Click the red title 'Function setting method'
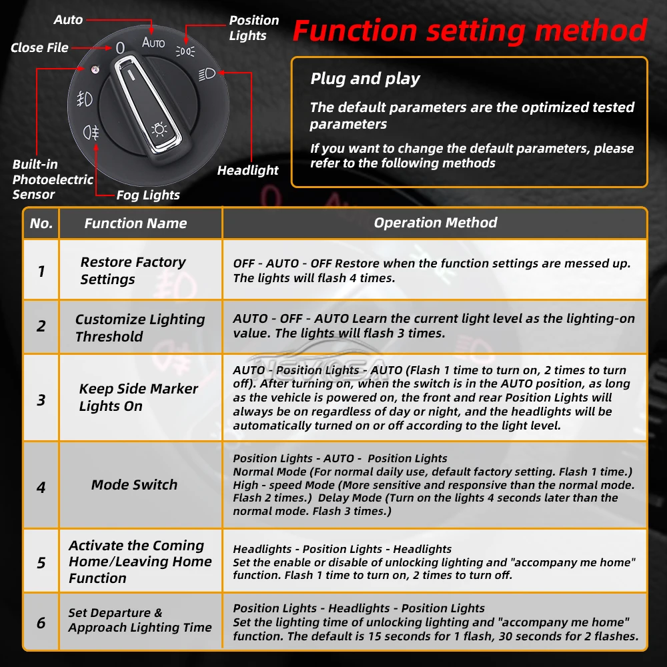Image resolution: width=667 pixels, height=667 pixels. (x=470, y=31)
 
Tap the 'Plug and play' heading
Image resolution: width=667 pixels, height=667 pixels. (x=365, y=79)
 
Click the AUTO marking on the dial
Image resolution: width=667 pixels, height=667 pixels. (x=153, y=43)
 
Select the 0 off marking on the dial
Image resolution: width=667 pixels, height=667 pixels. (x=120, y=47)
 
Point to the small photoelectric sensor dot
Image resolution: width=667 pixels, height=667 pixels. (x=95, y=69)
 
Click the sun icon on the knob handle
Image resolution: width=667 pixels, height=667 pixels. (x=159, y=129)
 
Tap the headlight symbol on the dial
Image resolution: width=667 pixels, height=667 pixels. (x=207, y=75)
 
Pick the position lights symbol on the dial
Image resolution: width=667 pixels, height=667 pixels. (x=185, y=51)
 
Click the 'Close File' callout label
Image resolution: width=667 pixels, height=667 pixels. (x=39, y=47)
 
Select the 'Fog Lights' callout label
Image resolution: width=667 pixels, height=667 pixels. (x=148, y=195)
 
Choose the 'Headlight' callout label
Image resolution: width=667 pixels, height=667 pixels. (x=247, y=171)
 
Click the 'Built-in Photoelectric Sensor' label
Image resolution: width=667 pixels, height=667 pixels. (x=52, y=179)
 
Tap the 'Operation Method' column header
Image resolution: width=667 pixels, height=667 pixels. (x=435, y=223)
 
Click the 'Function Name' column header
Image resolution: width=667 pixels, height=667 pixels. (x=135, y=223)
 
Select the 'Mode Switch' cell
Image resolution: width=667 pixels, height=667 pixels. (x=134, y=484)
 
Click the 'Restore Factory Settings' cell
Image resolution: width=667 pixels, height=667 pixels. (x=133, y=271)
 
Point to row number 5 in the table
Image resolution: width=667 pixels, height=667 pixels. (x=41, y=563)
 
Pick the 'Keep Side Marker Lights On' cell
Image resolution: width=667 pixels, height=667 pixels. (x=138, y=398)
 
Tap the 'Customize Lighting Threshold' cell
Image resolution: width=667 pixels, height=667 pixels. (x=140, y=327)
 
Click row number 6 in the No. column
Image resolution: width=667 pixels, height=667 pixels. (x=41, y=623)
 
